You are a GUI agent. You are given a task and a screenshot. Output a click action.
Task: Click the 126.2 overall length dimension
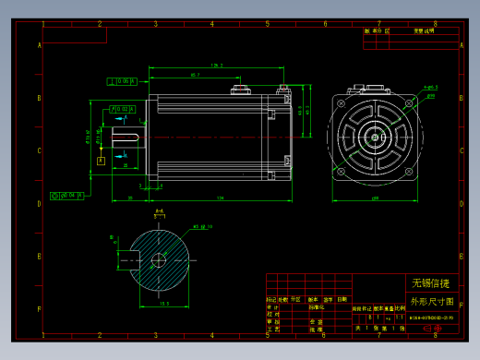[216, 65]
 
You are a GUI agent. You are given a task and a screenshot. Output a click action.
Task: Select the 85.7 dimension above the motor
[195, 74]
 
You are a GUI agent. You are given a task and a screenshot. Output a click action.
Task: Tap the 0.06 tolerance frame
[122, 81]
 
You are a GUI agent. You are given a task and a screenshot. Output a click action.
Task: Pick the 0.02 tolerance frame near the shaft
[121, 110]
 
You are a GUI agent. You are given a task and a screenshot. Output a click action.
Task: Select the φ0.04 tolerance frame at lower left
[67, 195]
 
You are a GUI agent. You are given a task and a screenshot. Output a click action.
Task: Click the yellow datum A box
[100, 160]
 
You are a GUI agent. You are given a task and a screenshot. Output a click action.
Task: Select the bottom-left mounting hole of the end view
[342, 172]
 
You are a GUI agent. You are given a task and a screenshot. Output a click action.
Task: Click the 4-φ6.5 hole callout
[429, 88]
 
